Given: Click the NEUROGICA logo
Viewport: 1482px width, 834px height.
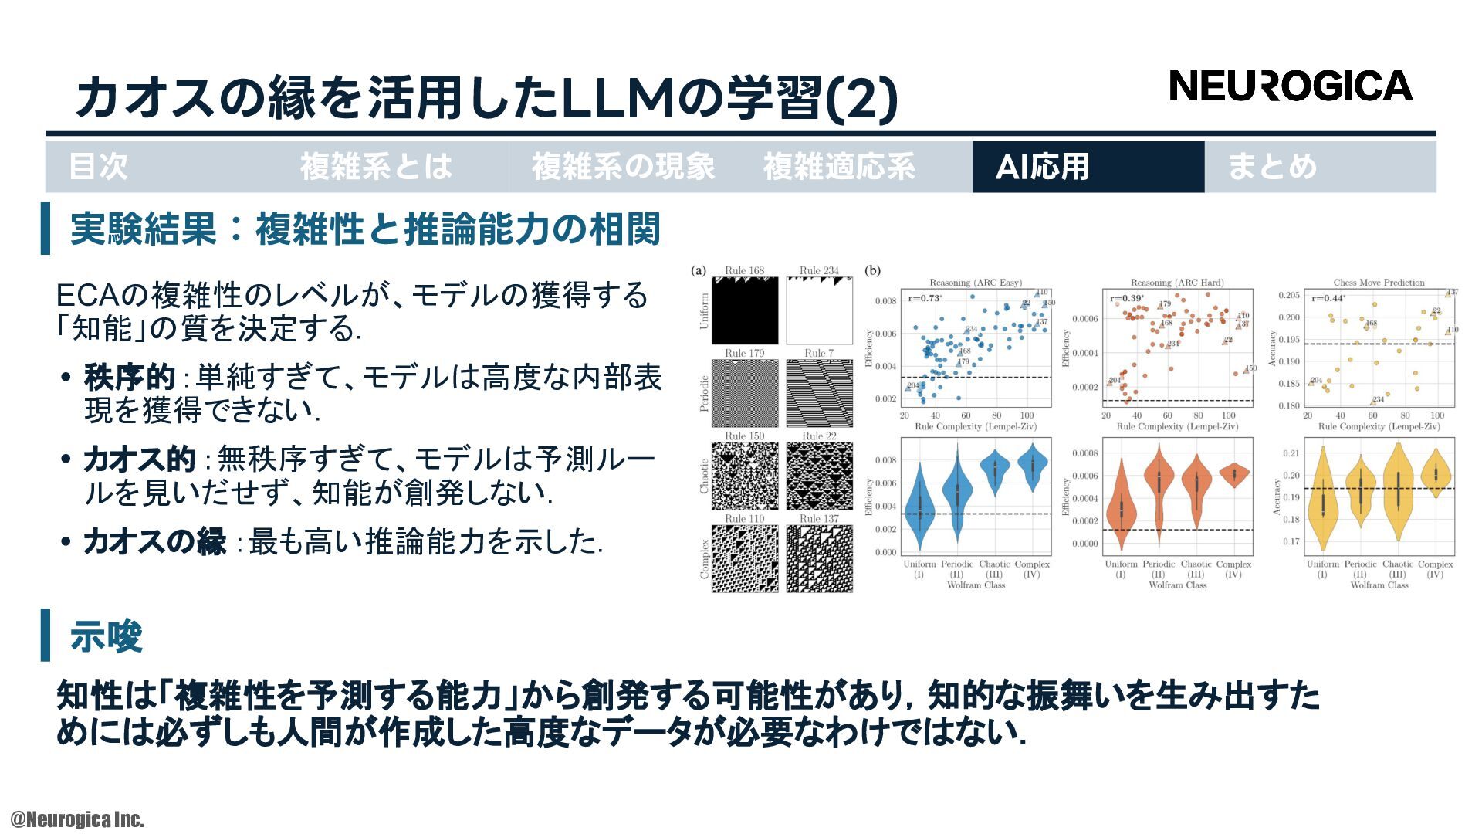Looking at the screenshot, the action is point(1290,86).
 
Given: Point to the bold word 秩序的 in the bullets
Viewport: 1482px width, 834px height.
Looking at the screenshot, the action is point(129,378).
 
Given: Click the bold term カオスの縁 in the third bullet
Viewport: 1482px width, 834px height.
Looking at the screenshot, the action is point(154,542).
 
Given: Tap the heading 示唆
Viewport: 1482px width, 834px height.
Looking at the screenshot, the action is point(107,637).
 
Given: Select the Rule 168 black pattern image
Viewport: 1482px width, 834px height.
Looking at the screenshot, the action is point(744,310).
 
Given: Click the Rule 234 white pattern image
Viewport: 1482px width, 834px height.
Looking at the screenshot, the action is point(819,310).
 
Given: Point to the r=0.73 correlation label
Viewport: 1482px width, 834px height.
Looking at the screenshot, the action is point(925,298).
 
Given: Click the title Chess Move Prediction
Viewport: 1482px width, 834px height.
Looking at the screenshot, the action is point(1379,283).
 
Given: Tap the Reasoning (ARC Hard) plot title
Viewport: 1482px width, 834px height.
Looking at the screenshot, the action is point(1177,283).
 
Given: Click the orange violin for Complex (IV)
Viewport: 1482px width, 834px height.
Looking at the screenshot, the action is point(1233,474).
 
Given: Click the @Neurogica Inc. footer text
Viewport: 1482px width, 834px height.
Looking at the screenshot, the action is point(77,819).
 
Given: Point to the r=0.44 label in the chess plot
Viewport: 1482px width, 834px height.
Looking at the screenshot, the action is point(1328,299).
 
